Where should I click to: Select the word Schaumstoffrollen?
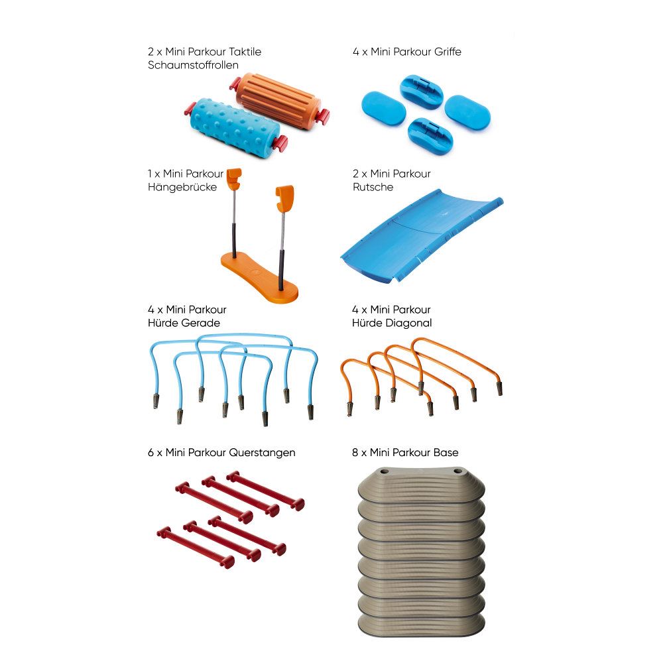click(193, 65)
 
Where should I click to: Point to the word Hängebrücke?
click(182, 187)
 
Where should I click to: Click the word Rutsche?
click(373, 187)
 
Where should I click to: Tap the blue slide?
click(422, 237)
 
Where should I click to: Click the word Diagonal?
click(410, 323)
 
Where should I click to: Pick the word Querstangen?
click(263, 453)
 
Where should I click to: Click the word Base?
click(446, 452)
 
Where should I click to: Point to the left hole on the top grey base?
click(384, 471)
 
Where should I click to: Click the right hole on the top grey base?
click(457, 471)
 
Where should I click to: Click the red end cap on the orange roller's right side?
click(324, 115)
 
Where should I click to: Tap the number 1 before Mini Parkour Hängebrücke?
click(150, 174)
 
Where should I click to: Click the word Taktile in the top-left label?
click(245, 52)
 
